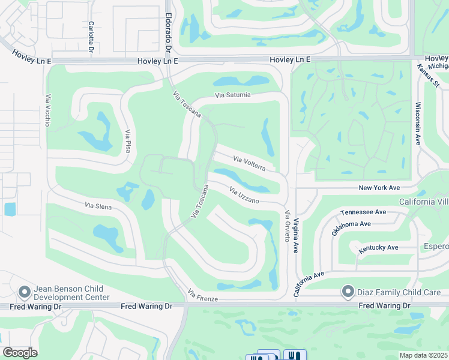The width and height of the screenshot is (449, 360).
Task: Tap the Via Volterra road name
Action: pyautogui.click(x=249, y=163)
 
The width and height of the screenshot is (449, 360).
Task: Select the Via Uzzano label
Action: pyautogui.click(x=244, y=194)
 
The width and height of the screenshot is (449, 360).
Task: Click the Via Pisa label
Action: pyautogui.click(x=127, y=140)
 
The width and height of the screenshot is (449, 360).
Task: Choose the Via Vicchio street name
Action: pyautogui.click(x=47, y=110)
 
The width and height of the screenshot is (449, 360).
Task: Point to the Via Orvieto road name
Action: pyautogui.click(x=288, y=226)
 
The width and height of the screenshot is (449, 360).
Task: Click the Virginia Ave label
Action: pyautogui.click(x=295, y=235)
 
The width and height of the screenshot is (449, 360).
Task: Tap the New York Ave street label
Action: pyautogui.click(x=379, y=188)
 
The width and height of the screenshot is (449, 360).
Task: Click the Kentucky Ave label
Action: pyautogui.click(x=378, y=247)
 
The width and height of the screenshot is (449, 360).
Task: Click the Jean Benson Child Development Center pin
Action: pyautogui.click(x=25, y=292)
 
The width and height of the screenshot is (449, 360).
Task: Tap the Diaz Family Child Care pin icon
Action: pyautogui.click(x=348, y=292)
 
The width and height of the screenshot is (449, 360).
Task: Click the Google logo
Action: pyautogui.click(x=20, y=353)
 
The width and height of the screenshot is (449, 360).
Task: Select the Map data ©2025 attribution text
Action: pyautogui.click(x=424, y=355)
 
